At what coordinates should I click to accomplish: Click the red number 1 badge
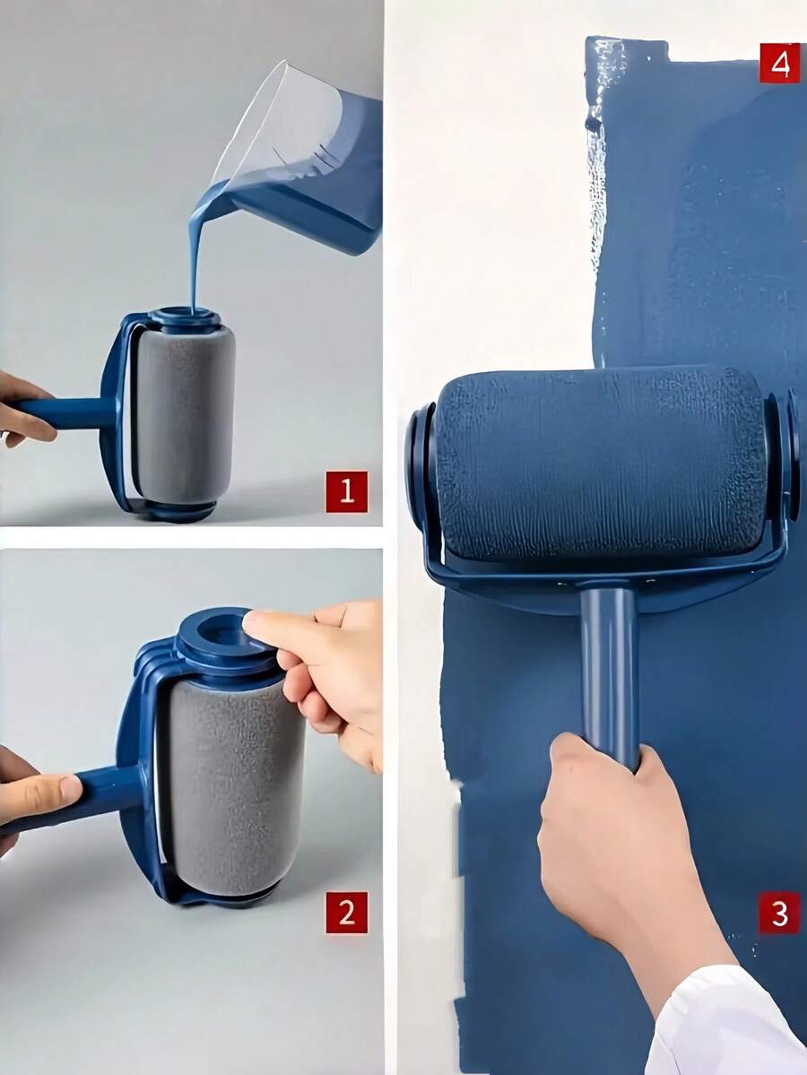346,491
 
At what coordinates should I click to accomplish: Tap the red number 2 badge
346,913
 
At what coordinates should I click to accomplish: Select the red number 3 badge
779,914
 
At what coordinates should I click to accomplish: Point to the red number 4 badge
779,63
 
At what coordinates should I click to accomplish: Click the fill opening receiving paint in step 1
185,316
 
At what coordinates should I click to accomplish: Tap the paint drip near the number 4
594,124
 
